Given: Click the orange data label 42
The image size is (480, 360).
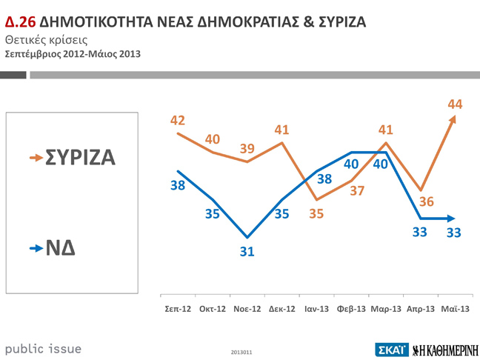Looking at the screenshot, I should point(178,120).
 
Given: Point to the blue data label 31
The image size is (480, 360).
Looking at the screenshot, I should point(247,252).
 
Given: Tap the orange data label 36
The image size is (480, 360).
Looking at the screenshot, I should point(427,201).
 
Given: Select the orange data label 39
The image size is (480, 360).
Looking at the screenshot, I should point(247,148).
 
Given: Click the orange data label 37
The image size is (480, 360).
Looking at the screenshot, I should point(357,190).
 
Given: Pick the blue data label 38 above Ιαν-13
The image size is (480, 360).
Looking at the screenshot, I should point(324,179).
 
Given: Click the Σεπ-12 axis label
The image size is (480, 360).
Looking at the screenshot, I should point(179,308).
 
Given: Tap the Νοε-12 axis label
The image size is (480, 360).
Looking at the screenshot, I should point(247,308).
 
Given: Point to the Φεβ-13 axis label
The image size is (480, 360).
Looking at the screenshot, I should point(351,308).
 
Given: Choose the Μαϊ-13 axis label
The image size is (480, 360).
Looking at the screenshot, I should point(455,308).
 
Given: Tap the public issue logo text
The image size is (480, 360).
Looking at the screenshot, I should point(43,348).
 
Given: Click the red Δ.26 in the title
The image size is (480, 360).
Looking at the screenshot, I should point(20,21).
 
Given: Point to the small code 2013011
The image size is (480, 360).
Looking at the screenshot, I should point(241,350).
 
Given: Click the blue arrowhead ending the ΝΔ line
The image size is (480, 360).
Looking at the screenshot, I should point(451,219).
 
